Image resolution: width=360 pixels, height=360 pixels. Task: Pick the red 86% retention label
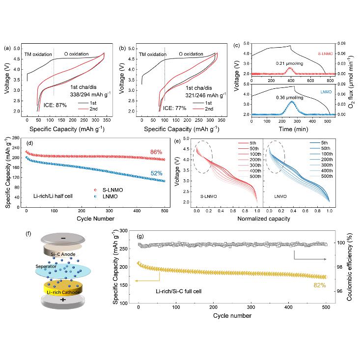(x=156, y=152)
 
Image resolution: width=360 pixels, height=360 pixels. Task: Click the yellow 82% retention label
(x=319, y=285)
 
